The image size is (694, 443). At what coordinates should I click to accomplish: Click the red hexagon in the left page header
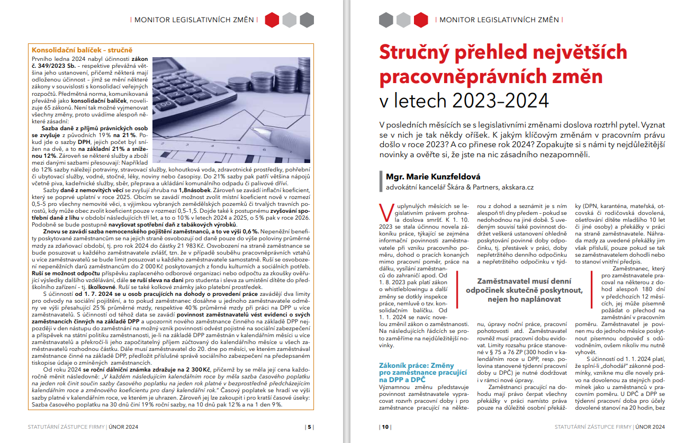tap(272, 20)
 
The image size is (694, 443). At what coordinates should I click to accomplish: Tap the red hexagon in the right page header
tap(421, 20)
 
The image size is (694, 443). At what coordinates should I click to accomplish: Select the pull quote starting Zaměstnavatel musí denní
tap(524, 291)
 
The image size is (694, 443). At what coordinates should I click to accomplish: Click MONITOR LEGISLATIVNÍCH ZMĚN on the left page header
tap(194, 20)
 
